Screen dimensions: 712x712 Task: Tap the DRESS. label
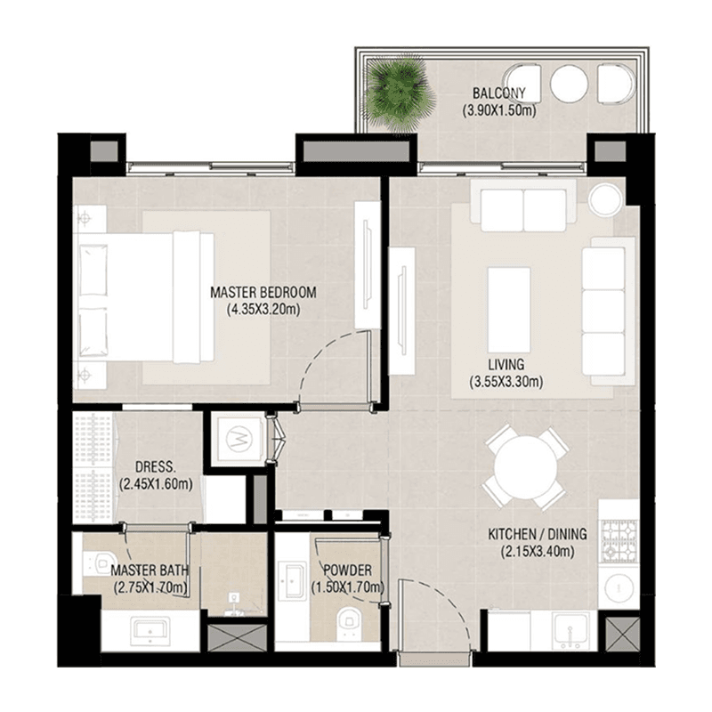click(159, 467)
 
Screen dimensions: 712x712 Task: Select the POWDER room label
click(347, 570)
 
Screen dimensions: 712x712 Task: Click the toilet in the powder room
click(346, 622)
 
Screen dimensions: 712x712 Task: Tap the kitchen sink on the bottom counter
click(566, 631)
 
